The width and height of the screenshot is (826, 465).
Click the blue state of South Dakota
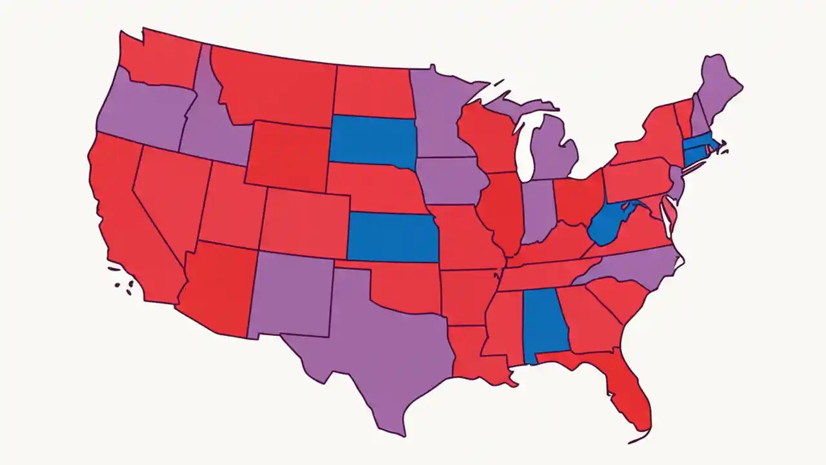(372, 141)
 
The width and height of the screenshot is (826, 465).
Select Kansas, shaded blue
(392, 238)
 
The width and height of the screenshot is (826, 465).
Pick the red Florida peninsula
(629, 394)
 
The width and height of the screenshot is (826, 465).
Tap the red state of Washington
(161, 58)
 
